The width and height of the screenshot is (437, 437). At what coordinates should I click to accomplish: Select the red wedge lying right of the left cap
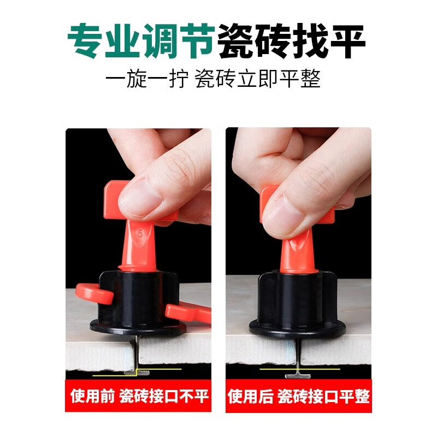188,312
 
